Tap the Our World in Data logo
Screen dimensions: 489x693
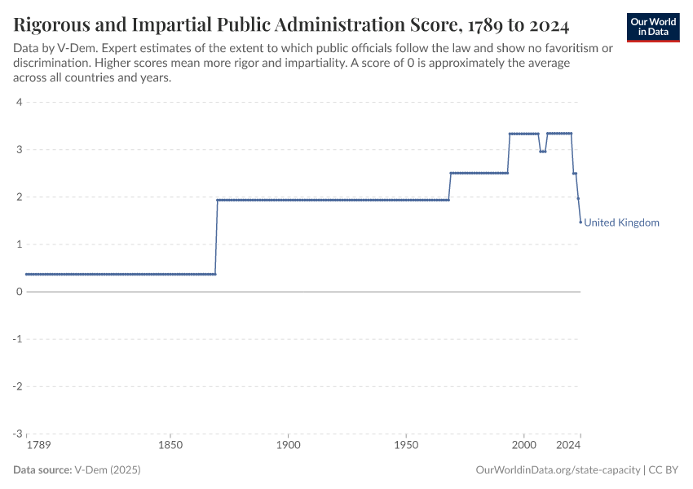[653, 27]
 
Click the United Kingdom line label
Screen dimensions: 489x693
[621, 222]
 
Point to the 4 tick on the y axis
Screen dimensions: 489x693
[18, 102]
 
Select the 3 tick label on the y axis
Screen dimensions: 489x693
[18, 149]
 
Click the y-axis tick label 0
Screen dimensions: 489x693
[18, 292]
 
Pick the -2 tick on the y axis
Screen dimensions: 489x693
[16, 386]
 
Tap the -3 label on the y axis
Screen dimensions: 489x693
[16, 434]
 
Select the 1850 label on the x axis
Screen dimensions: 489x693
[170, 446]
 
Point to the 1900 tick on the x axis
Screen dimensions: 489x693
[288, 446]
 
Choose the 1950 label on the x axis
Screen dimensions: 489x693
[406, 446]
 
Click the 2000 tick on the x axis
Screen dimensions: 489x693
[523, 446]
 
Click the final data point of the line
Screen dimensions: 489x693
[580, 222]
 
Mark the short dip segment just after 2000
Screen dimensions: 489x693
[542, 152]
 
